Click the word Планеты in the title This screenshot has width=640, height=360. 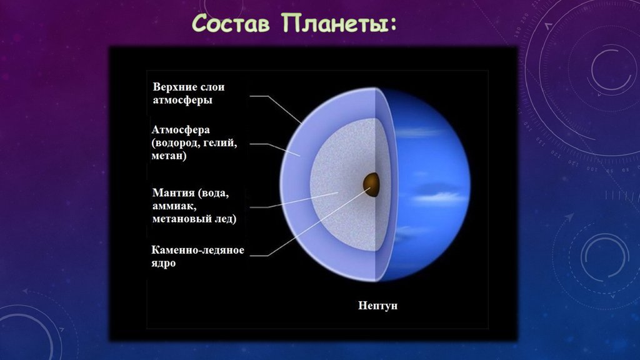[334, 23]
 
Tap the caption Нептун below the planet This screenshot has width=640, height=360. [377, 306]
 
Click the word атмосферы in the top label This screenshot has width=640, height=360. [182, 100]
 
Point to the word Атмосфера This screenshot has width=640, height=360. [181, 130]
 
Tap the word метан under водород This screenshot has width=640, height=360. [167, 156]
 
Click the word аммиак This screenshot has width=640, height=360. [174, 206]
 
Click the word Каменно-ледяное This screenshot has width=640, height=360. [198, 250]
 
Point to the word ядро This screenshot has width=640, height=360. [164, 263]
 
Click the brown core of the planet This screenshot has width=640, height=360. [371, 184]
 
